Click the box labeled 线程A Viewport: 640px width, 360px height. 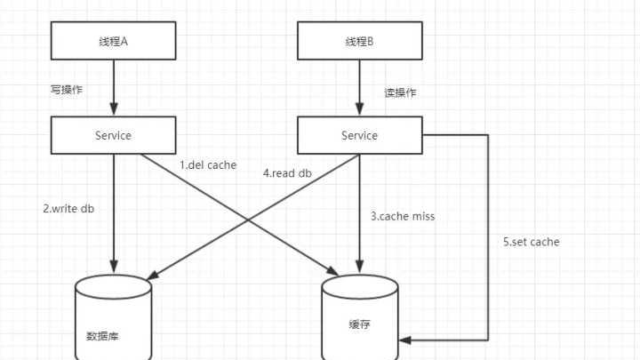tap(113, 41)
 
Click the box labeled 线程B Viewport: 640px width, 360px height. tap(359, 41)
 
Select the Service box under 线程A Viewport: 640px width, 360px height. tap(113, 135)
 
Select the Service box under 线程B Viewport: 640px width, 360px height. tap(359, 135)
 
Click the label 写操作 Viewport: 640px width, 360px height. tap(67, 90)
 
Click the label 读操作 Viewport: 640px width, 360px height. tap(400, 92)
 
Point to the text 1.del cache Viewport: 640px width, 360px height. tap(208, 164)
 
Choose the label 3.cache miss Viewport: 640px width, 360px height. tap(403, 216)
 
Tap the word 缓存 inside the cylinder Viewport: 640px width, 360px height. tap(359, 324)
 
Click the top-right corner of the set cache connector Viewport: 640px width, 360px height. tap(488, 135)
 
